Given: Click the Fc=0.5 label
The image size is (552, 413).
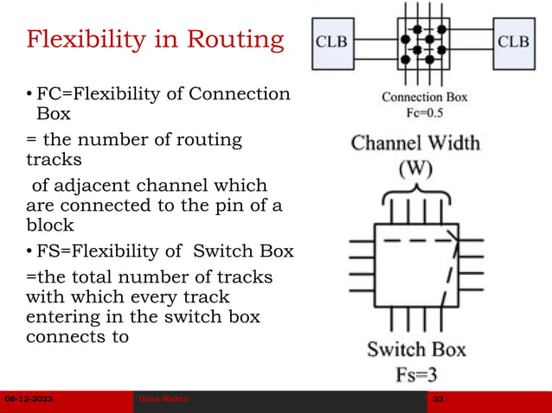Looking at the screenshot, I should point(424,112).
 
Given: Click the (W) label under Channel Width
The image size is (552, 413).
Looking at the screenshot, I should point(415,169).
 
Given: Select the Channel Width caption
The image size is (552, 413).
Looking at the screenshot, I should point(415,143).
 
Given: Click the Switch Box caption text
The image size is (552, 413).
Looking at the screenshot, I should point(415,349).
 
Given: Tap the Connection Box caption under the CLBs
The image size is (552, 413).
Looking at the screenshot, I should point(424,97).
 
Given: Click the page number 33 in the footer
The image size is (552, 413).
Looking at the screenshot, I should point(440,402).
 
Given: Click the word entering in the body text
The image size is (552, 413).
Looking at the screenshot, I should point(61,317).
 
